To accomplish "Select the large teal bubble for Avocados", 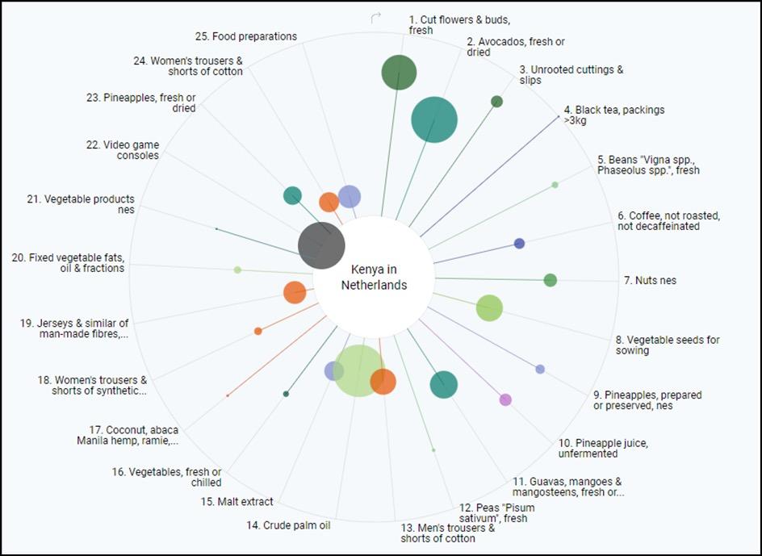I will tap(434, 119).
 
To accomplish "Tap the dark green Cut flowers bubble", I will tap(399, 73).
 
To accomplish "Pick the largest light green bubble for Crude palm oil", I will tap(358, 370).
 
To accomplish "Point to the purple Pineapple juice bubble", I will tap(505, 399).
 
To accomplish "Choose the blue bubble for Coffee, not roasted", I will tap(520, 243).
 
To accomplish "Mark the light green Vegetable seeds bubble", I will tap(489, 307).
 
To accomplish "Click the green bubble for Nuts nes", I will tap(551, 280).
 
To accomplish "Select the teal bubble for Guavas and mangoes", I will tap(443, 385).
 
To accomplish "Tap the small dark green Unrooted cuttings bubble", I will tap(497, 102).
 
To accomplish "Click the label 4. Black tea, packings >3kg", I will tap(613, 115).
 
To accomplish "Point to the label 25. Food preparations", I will tap(246, 36).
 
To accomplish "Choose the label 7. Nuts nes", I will tap(650, 281).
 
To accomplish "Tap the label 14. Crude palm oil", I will tap(289, 525).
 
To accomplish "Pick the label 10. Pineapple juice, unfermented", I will tap(603, 448).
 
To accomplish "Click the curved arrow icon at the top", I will tap(375, 18).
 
